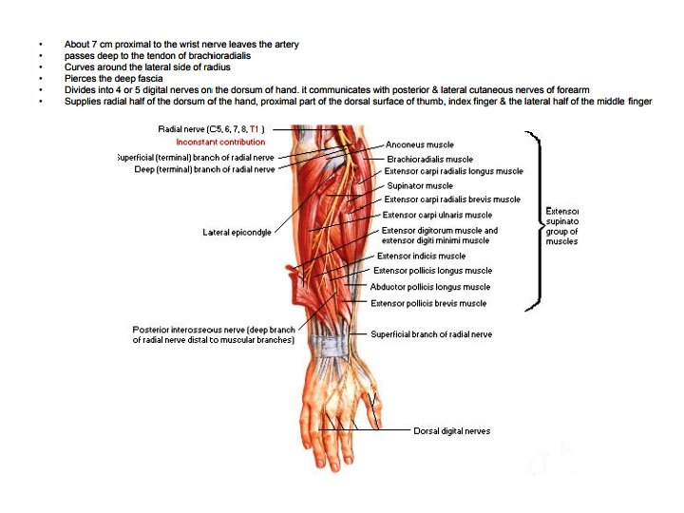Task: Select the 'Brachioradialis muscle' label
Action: (x=429, y=159)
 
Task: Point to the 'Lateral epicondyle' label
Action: (x=237, y=232)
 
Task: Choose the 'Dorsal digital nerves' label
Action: (x=451, y=431)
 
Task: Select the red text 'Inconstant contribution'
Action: (x=220, y=142)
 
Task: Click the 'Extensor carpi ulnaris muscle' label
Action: (x=437, y=215)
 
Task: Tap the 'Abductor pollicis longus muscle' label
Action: (x=429, y=287)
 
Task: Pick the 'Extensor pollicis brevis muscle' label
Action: (x=428, y=303)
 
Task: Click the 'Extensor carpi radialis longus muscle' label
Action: (x=453, y=172)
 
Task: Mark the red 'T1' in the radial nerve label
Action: (x=256, y=128)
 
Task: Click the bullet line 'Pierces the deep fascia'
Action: (x=113, y=79)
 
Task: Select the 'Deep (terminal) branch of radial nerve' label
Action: (x=204, y=169)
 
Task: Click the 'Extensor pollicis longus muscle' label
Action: (x=432, y=271)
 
